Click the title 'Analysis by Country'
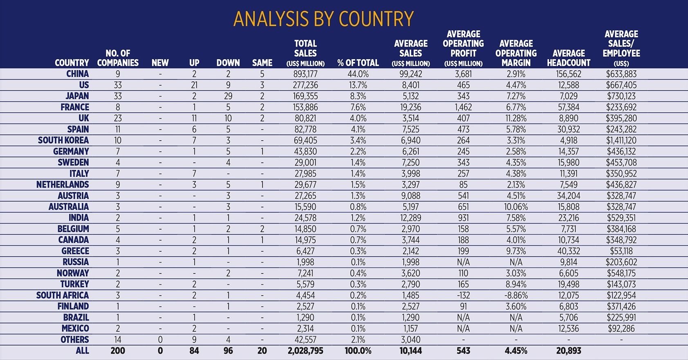coord(323,19)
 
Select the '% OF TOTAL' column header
coord(358,63)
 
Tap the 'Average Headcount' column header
coord(569,58)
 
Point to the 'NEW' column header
coord(160,63)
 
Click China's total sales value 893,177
coord(305,74)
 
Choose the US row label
coord(84,85)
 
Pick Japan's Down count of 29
coord(228,96)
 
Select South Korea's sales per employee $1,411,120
coord(621,140)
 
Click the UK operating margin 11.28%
coord(516,118)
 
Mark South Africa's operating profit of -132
coord(463,295)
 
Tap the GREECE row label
coord(75,251)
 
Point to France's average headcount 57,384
coord(569,107)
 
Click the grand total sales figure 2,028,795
coord(305,351)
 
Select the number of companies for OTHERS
coord(118,340)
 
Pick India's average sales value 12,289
coord(410,218)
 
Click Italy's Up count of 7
coord(194,174)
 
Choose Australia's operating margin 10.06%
coord(516,207)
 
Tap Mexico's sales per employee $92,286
coord(621,328)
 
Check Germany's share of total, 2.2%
coord(358,151)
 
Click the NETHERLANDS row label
coord(63,184)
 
